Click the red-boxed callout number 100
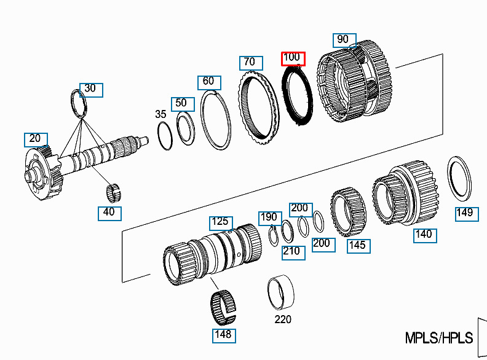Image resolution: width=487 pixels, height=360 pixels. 291,58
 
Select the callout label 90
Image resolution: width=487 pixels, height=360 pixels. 343,40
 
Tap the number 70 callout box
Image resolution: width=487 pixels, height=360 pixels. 248,62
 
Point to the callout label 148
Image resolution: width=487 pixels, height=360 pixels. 222,334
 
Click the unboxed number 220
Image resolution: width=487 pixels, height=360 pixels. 283,319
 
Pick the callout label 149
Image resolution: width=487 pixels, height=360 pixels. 464,213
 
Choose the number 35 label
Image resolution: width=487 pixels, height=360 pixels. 160,114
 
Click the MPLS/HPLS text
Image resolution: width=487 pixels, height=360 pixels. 439,338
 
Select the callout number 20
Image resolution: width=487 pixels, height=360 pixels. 34,139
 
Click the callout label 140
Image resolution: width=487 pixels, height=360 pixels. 424,234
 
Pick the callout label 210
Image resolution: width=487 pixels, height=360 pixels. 292,251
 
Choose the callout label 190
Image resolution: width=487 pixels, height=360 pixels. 269,217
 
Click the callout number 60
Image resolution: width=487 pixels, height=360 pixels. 208,82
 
